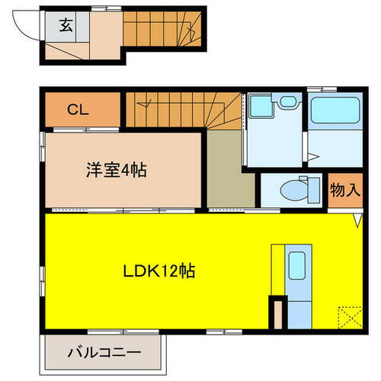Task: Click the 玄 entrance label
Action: pos(66,26)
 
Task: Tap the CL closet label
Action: pos(78,109)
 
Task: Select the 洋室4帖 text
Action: pos(116,170)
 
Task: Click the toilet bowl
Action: pos(292,190)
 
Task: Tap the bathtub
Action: pos(335,114)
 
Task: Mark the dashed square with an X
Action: pos(348,316)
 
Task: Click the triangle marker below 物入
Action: pos(357,221)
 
